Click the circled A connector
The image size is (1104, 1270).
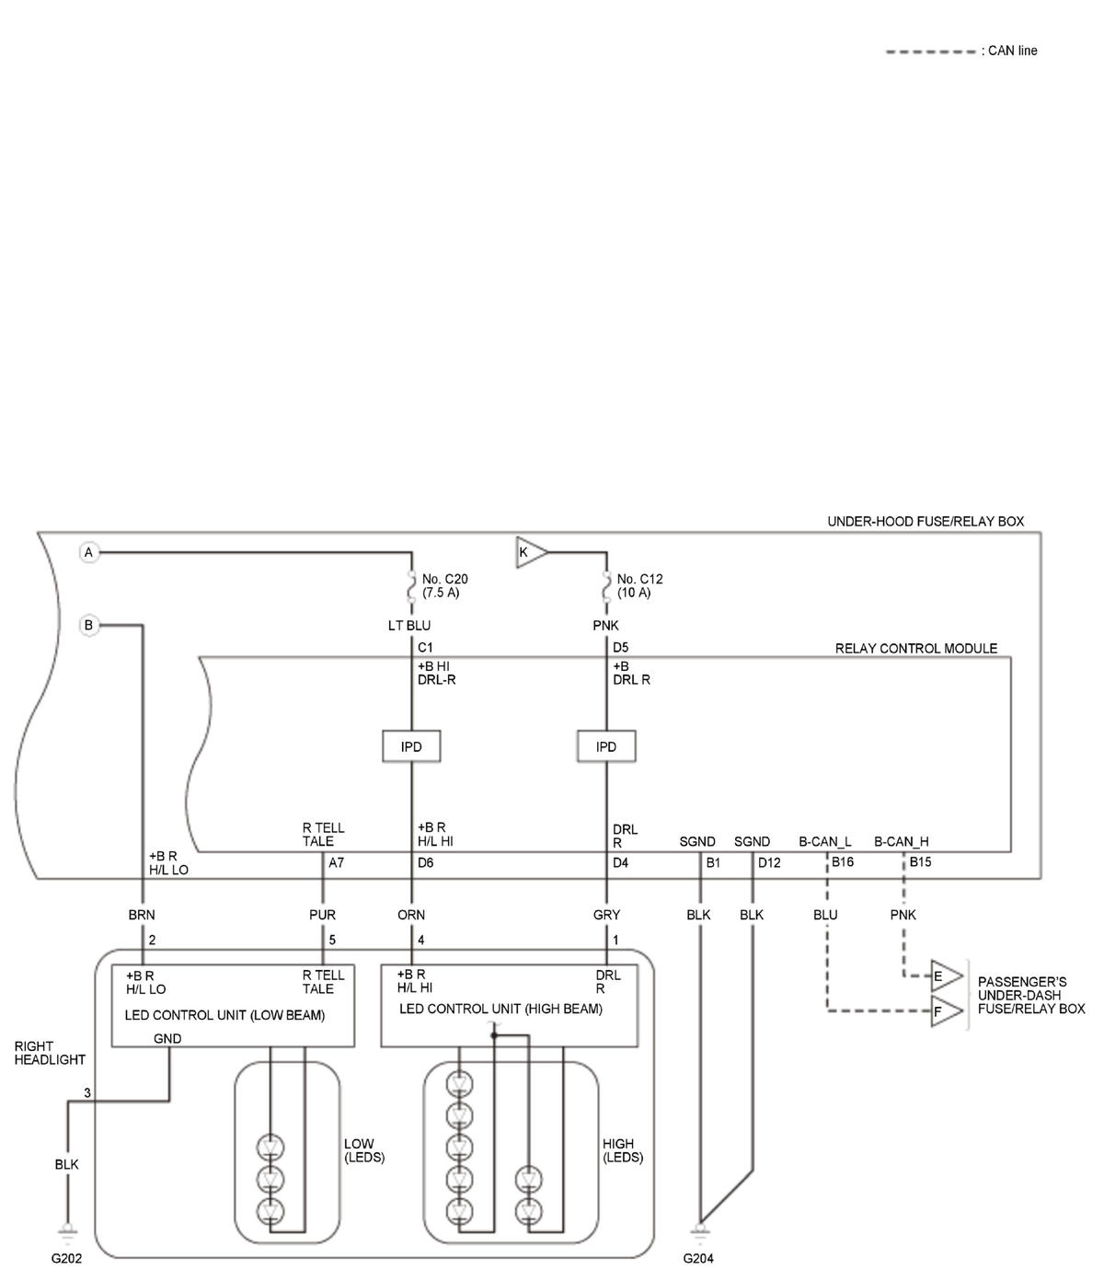[x=88, y=552]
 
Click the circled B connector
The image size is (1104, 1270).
[x=88, y=625]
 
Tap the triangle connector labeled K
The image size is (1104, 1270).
[x=531, y=552]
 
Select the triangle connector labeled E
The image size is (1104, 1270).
[x=947, y=976]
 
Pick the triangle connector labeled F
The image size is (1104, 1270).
[x=947, y=1011]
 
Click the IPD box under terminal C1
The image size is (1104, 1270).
[x=411, y=746]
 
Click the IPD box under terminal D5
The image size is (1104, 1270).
[x=605, y=746]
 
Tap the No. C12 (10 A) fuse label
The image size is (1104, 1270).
[x=639, y=585]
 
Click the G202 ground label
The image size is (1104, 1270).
[x=66, y=1258]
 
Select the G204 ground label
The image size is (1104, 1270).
[x=698, y=1258]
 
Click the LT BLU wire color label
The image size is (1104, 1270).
[x=409, y=625]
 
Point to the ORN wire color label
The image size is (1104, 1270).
[x=411, y=915]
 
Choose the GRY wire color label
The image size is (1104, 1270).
[x=606, y=915]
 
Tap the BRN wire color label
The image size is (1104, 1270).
[x=142, y=915]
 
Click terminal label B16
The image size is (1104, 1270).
[x=842, y=861]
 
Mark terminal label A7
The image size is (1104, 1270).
[x=336, y=862]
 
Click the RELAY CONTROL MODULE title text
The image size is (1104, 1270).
[x=916, y=648]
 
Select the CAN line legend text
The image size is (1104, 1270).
[x=1009, y=51]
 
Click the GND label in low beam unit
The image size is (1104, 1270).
[x=167, y=1038]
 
